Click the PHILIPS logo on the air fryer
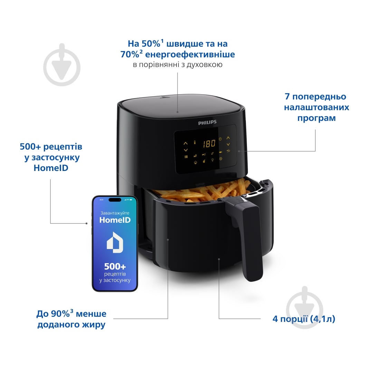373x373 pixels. [x=207, y=122]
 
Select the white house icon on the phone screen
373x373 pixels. [x=115, y=242]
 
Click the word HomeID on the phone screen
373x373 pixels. [x=115, y=220]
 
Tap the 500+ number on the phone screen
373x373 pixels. [x=115, y=266]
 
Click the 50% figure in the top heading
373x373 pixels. [x=151, y=44]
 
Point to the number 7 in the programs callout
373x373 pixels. [x=287, y=97]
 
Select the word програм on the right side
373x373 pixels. [x=316, y=118]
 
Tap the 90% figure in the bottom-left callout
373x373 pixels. [x=62, y=314]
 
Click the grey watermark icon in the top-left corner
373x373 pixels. [x=62, y=65]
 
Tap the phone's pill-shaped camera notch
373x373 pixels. [x=115, y=200]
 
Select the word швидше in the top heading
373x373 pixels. [x=185, y=44]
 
